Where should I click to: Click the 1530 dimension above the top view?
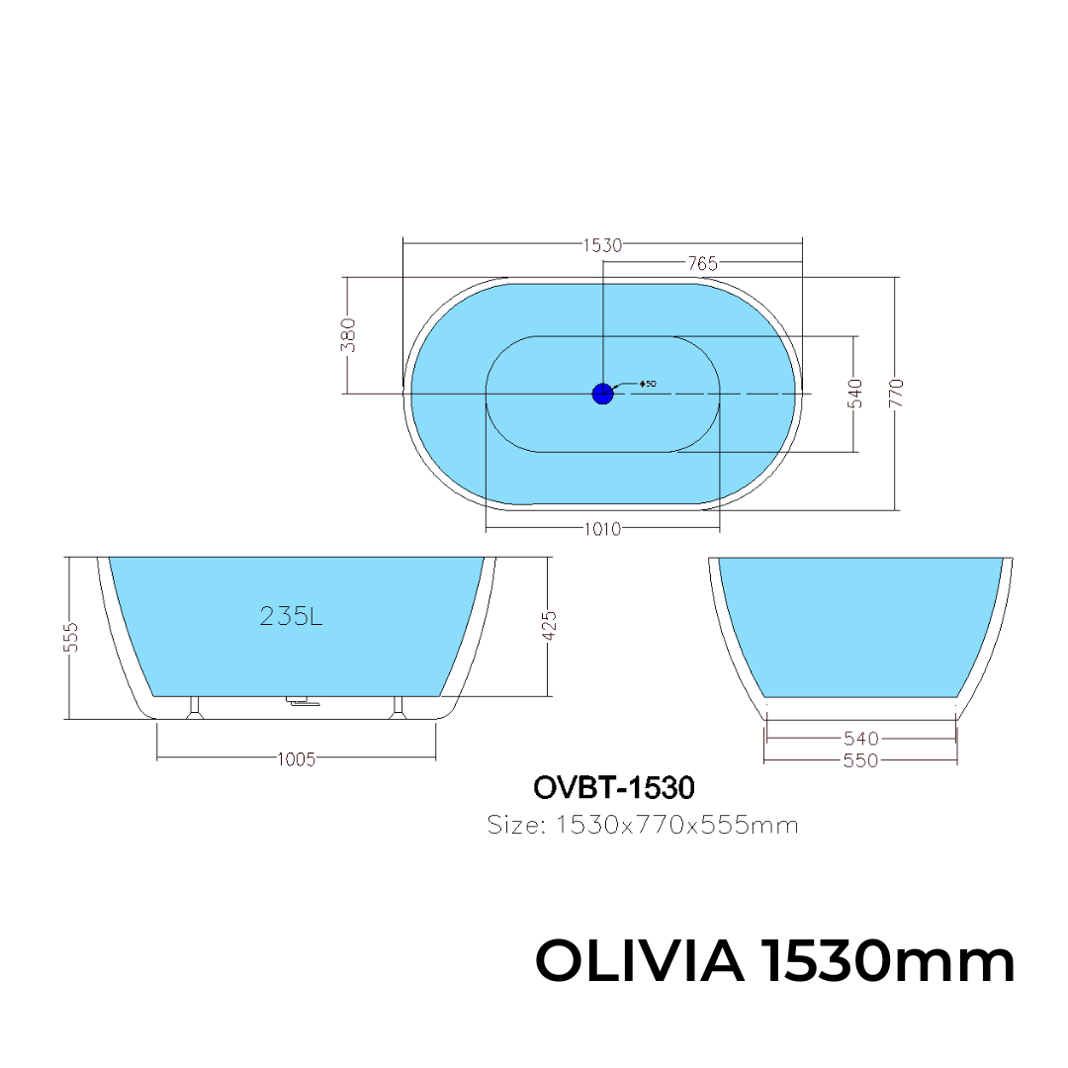(x=603, y=245)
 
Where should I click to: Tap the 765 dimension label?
(x=702, y=264)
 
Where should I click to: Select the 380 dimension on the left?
(x=348, y=334)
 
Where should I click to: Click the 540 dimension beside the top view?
(x=855, y=393)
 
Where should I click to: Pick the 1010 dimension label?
(x=603, y=529)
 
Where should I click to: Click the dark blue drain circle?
(x=603, y=394)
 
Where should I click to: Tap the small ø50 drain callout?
(x=647, y=384)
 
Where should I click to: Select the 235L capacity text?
(x=291, y=616)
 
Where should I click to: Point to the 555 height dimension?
(x=71, y=638)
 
